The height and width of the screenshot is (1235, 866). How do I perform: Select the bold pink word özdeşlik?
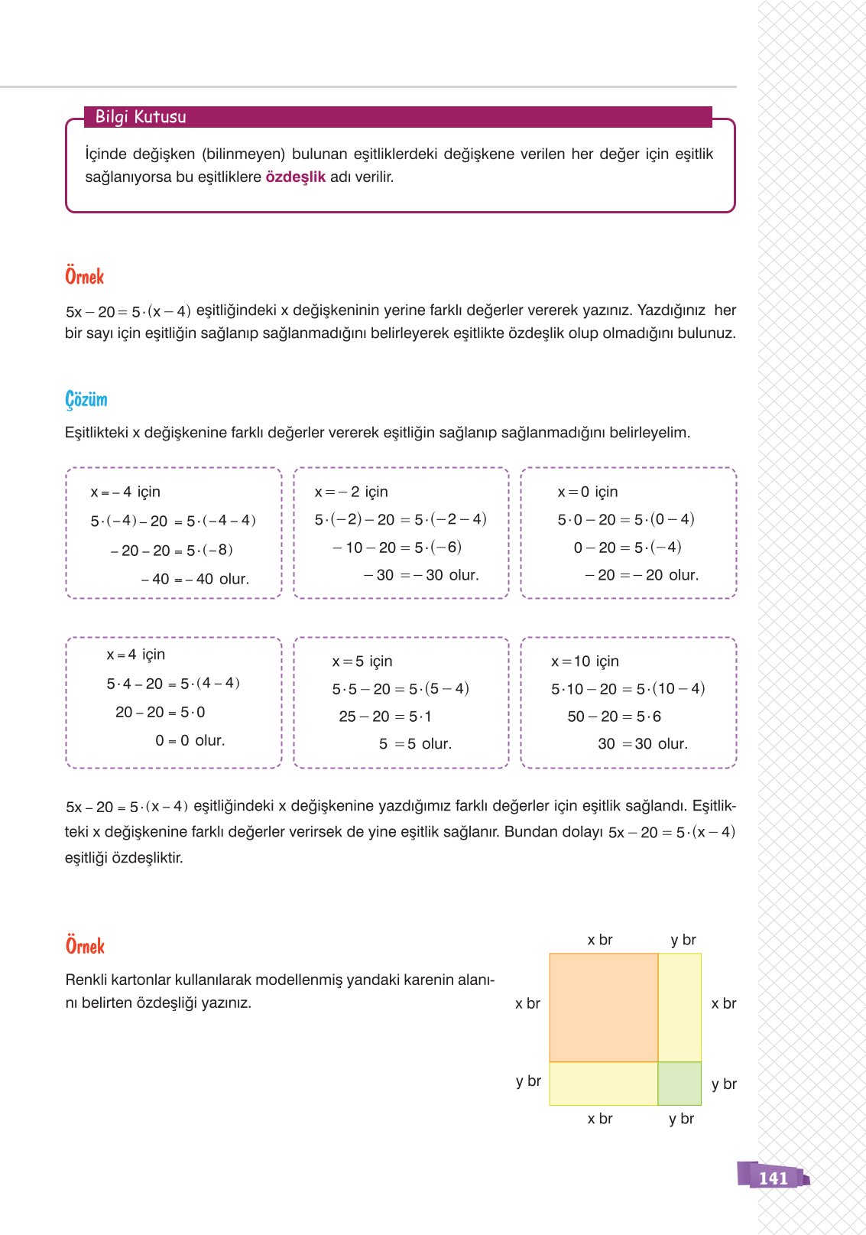click(x=295, y=177)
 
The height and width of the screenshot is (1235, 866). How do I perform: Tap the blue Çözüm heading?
click(x=86, y=399)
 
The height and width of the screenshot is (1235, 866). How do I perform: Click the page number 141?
click(x=773, y=1178)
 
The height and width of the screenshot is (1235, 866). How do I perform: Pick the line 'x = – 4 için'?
click(x=125, y=492)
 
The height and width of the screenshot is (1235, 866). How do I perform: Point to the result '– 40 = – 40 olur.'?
click(x=195, y=580)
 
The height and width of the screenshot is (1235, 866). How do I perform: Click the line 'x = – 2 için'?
click(x=352, y=492)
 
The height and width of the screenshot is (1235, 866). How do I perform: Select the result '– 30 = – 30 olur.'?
click(x=421, y=575)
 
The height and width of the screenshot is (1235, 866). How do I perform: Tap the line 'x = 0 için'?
click(x=588, y=492)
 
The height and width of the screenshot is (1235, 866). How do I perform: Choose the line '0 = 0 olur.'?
click(x=190, y=740)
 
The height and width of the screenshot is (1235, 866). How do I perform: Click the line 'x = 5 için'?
click(x=362, y=661)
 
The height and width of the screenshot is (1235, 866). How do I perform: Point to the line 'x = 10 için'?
click(x=585, y=661)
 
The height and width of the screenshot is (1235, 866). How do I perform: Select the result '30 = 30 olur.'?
click(x=643, y=744)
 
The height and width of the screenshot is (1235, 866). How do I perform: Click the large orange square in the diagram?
click(x=604, y=1007)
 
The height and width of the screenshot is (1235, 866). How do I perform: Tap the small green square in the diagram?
click(x=680, y=1084)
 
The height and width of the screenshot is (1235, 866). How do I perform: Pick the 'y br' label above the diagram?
click(x=683, y=940)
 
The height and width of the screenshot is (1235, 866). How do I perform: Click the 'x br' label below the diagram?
click(x=600, y=1119)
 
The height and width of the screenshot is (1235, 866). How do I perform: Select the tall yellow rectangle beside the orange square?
click(x=680, y=1007)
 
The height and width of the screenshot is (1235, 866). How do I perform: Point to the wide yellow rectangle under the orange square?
click(x=604, y=1084)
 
